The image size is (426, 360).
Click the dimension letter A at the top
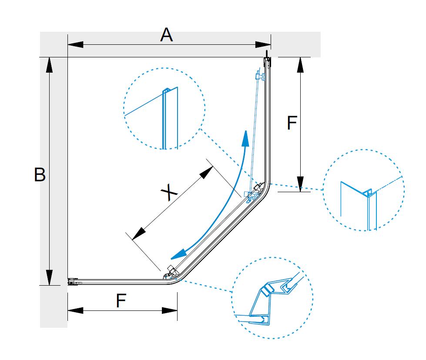point(166,35)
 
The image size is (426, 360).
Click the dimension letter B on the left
point(40,175)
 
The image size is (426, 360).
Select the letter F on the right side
point(292,123)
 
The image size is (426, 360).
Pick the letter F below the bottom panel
point(121,301)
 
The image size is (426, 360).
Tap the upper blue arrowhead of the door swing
point(246,139)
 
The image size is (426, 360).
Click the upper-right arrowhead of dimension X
point(206,172)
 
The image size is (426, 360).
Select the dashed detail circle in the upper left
point(164,109)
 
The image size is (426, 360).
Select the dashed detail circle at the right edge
point(364,190)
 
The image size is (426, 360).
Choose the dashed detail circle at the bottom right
point(272,298)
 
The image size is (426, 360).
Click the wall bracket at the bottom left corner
point(72,282)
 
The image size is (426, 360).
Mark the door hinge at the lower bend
point(170,273)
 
